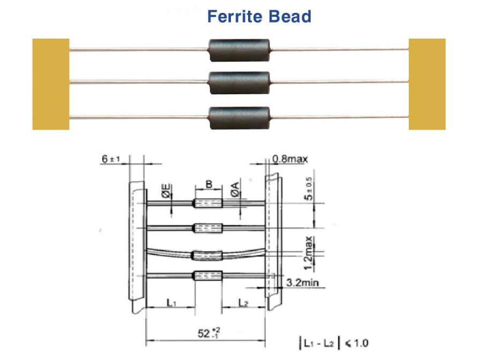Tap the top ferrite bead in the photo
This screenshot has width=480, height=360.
239,50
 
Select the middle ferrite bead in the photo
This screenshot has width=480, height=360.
239,82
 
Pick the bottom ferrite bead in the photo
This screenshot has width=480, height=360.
239,118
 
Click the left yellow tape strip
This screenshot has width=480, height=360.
51,84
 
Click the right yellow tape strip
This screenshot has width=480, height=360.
427,84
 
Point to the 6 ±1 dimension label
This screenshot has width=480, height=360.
110,159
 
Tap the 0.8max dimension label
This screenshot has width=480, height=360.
290,159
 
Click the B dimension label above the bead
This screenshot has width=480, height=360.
209,184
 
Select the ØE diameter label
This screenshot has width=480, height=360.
166,191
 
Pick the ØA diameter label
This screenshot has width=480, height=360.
235,190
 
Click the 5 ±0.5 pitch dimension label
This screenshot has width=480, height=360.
309,189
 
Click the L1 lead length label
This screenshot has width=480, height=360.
171,303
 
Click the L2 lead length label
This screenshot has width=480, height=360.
243,303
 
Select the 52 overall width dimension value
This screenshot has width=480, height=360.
208,333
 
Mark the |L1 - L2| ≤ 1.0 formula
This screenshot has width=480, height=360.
334,343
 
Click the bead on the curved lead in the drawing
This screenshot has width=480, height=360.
208,256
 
